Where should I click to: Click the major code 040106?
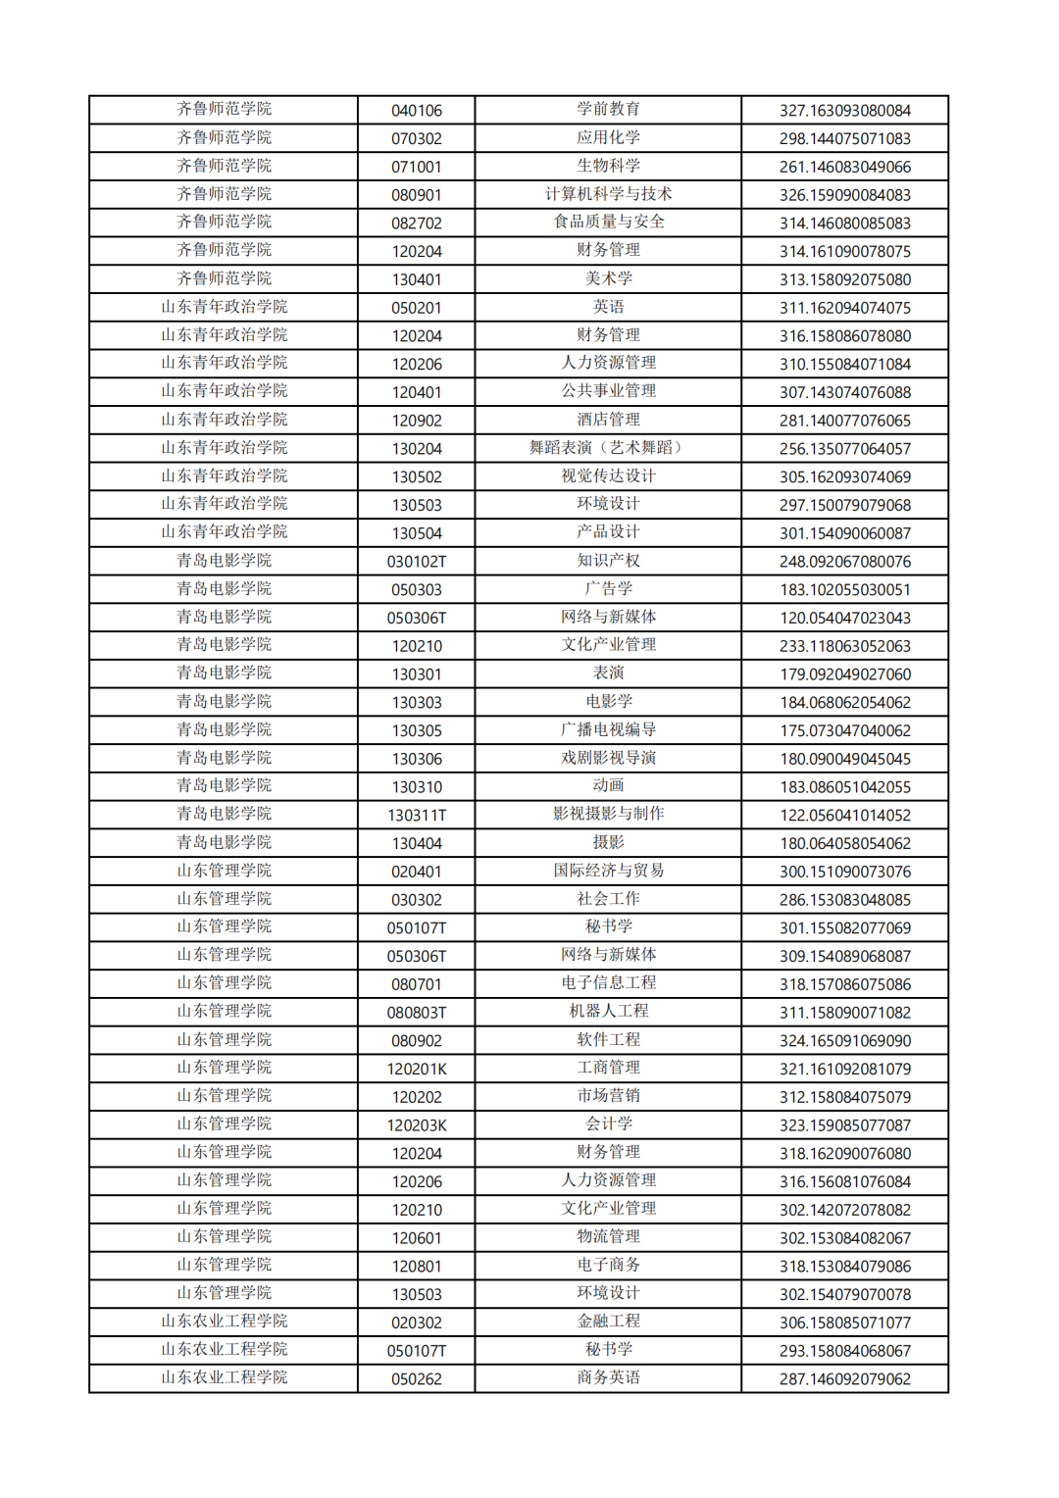(417, 111)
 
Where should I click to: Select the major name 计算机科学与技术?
(608, 194)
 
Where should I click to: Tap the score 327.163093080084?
(844, 111)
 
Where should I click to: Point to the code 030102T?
(417, 562)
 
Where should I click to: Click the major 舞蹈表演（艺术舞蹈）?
(608, 448)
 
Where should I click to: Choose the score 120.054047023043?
(844, 618)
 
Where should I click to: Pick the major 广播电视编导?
(608, 730)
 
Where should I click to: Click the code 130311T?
(417, 816)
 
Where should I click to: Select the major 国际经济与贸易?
(608, 871)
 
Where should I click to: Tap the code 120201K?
(417, 1069)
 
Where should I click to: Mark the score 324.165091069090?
(844, 1040)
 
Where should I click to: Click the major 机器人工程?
(608, 1012)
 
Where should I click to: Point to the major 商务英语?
(608, 1378)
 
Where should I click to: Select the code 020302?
(417, 1323)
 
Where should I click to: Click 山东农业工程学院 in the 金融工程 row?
(224, 1322)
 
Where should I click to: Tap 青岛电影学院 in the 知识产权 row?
(224, 561)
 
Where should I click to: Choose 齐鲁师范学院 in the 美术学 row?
(224, 278)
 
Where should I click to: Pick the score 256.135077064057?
(844, 449)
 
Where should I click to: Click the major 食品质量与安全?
(608, 223)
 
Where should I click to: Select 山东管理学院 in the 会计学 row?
(224, 1124)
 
